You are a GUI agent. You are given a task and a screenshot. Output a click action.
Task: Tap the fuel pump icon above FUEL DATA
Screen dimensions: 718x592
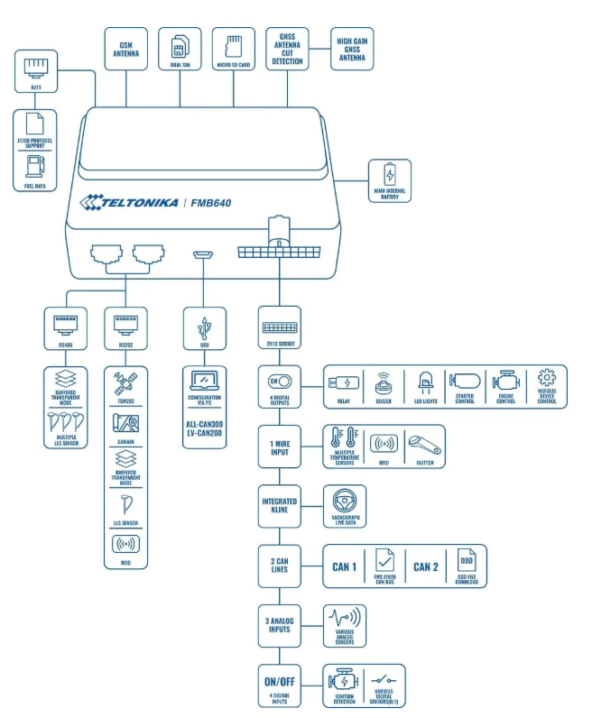pos(35,165)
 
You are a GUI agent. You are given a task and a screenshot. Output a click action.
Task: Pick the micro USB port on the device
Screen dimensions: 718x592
pos(201,255)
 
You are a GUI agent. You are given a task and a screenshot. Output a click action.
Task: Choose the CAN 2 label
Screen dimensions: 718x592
pos(426,566)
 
